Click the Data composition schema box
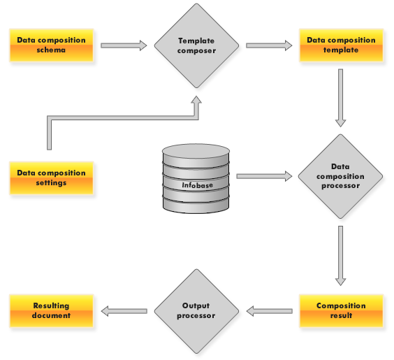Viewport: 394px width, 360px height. point(52,45)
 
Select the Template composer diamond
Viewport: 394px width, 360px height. point(196,45)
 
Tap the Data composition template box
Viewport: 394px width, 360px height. point(341,45)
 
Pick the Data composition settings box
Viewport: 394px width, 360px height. point(52,178)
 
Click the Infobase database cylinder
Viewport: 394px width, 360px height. point(196,179)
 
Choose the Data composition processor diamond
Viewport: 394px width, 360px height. point(340,176)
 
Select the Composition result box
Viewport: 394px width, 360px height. point(341,311)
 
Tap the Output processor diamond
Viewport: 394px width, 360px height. point(196,311)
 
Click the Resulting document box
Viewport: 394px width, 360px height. point(52,311)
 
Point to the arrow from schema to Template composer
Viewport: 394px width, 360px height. point(124,45)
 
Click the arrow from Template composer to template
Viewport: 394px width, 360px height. point(269,45)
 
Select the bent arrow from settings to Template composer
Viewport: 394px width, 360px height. point(123,118)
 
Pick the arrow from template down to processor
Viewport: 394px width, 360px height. point(340,98)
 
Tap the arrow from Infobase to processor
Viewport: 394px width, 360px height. point(264,176)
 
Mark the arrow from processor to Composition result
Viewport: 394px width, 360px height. point(340,256)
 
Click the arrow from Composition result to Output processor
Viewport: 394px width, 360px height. point(270,311)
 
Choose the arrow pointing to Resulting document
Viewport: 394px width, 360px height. point(124,311)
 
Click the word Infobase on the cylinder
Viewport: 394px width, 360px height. point(197,185)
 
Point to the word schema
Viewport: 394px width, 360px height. point(51,50)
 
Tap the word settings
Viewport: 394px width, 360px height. point(51,182)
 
